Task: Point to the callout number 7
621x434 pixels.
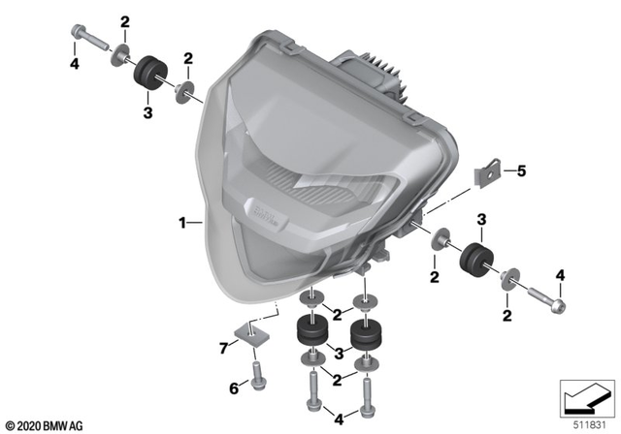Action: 223,346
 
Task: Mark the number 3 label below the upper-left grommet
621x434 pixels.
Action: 147,113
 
